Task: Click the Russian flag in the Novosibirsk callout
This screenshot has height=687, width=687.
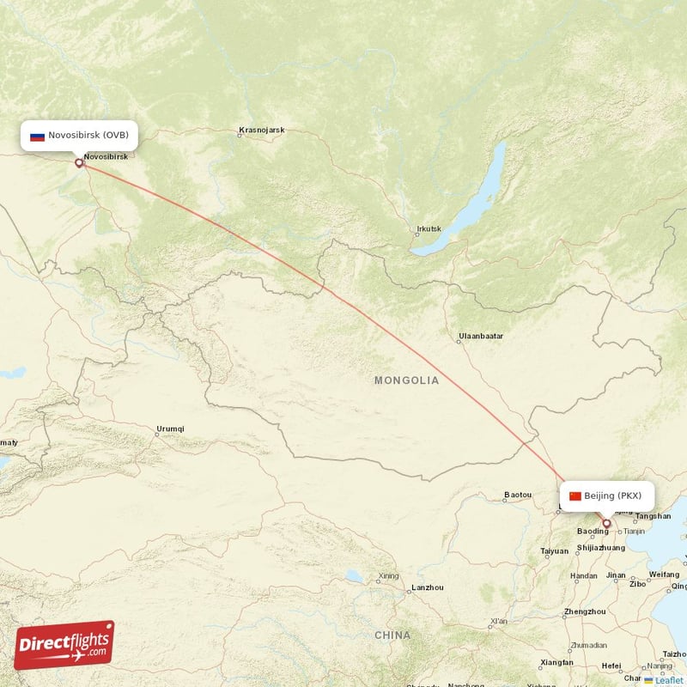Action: tap(37, 136)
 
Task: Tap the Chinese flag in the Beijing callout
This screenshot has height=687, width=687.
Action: tap(575, 495)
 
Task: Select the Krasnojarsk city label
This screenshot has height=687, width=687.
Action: tap(262, 131)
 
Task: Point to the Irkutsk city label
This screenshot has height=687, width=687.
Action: tap(429, 229)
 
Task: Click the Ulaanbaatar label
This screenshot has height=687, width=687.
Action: tap(481, 335)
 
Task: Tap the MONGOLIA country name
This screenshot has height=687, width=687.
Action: tap(406, 380)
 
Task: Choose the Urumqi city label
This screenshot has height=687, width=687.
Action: tap(170, 429)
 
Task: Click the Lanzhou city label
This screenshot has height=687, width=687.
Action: tap(428, 587)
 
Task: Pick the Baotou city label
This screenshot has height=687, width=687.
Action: tap(518, 495)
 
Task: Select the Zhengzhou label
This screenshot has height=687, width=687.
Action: tap(585, 611)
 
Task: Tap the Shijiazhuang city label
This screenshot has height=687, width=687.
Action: tap(601, 547)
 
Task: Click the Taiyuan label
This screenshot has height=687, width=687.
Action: tap(554, 550)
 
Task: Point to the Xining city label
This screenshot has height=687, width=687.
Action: tap(388, 575)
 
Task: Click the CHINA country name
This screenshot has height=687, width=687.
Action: tap(392, 635)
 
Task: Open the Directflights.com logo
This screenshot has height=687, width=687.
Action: tap(64, 645)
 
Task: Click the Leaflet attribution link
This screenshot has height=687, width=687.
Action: tap(668, 680)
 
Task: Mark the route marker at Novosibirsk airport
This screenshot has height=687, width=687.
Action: tap(79, 162)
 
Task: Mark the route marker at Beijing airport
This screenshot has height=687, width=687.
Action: tap(606, 523)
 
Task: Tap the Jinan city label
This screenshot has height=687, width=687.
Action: tap(615, 575)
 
